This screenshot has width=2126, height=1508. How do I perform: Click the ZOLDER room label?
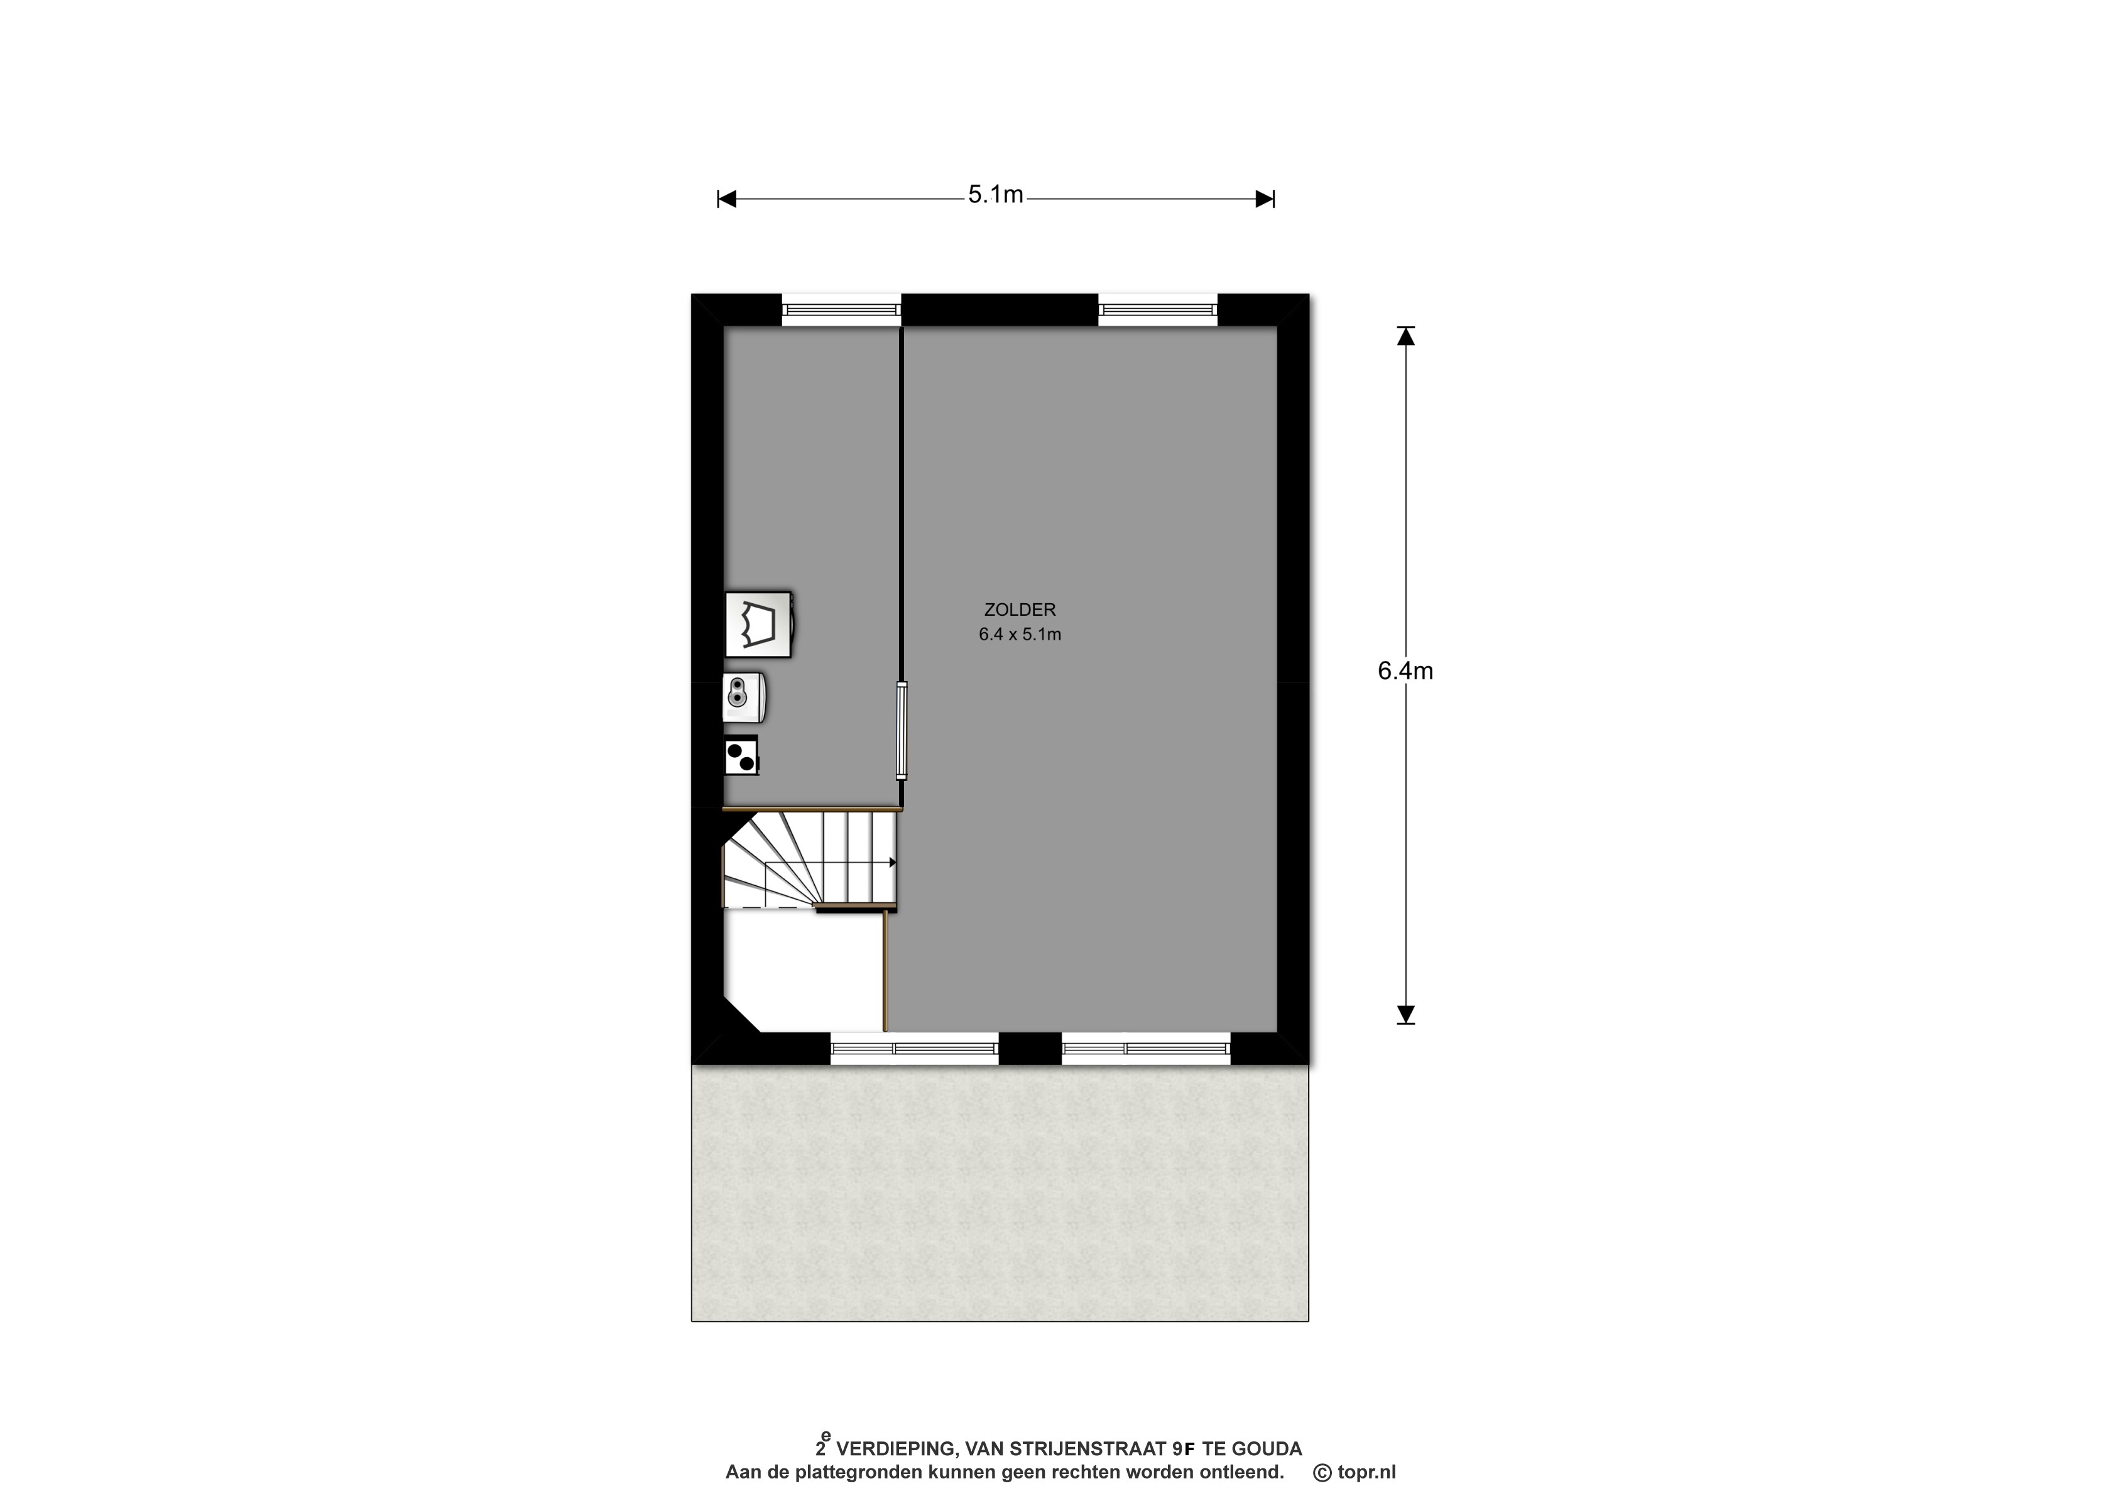1020,610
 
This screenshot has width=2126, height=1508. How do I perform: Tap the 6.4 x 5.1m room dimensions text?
1020,635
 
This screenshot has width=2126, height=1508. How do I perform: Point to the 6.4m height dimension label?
1405,670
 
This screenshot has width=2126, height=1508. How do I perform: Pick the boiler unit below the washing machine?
744,696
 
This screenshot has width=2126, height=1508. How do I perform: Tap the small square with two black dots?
741,756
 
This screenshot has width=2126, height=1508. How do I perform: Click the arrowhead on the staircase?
892,863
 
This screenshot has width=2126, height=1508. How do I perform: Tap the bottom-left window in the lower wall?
915,1048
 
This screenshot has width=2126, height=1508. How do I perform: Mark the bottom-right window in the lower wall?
1147,1048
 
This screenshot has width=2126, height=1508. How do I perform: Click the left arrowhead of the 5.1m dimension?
727,199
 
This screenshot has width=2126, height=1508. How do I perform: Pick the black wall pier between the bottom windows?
1030,1048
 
